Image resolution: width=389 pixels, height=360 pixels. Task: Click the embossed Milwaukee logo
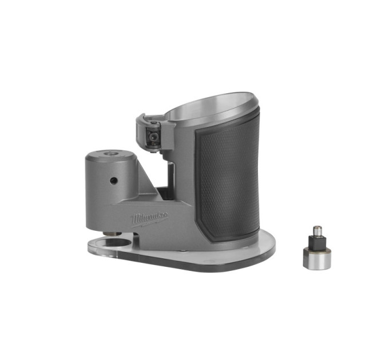coord(150,218)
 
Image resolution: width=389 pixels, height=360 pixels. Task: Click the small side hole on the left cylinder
coord(113,181)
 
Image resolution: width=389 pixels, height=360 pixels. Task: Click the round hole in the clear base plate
coord(116,243)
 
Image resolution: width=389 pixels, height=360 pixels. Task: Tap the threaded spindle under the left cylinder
coord(113,233)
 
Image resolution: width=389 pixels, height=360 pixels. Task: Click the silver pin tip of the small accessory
coord(316,230)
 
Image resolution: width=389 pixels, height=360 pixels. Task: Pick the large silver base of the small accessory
coord(317,258)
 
